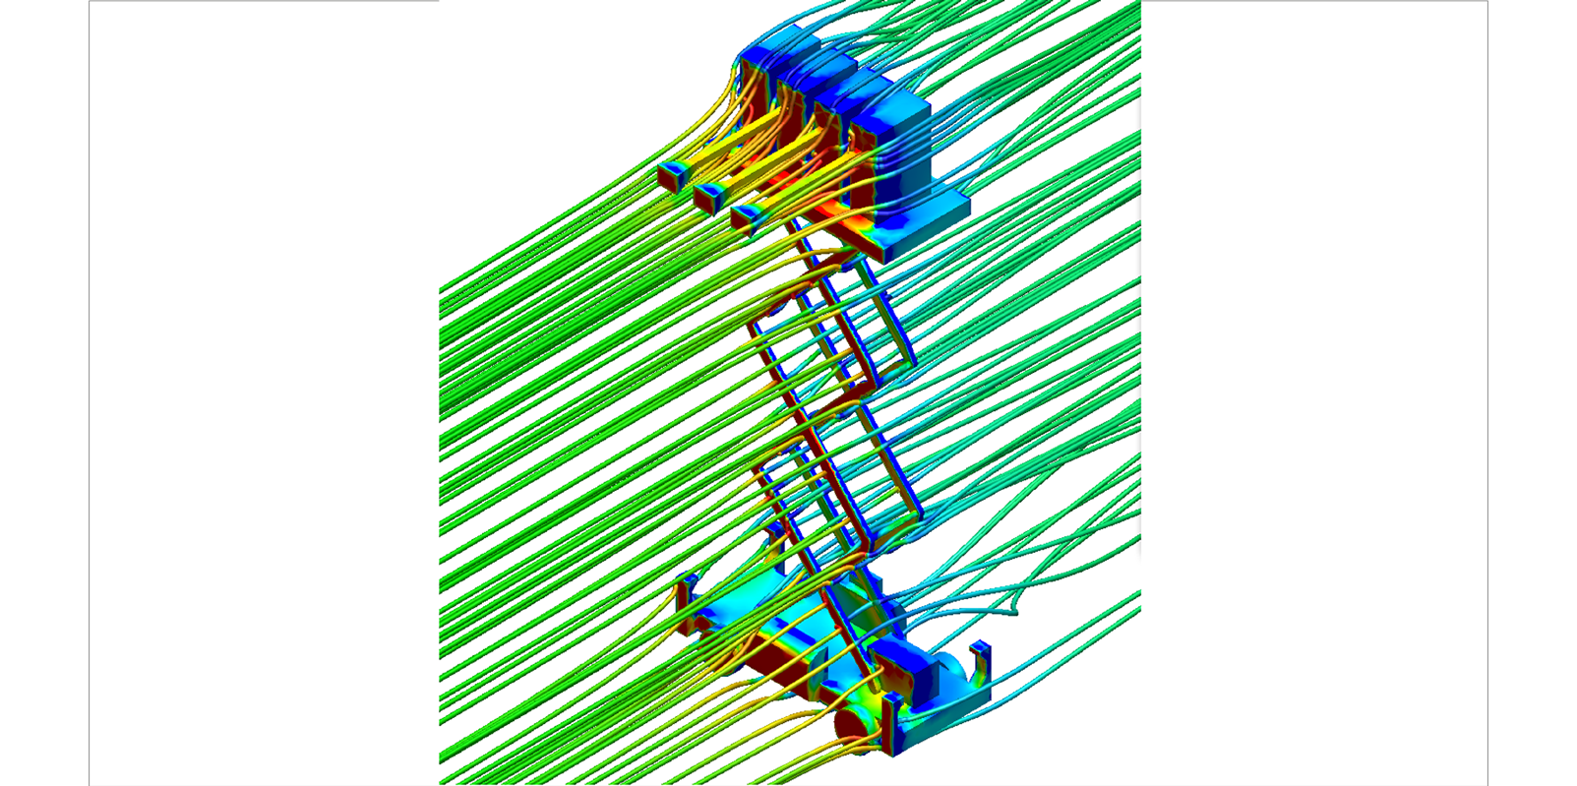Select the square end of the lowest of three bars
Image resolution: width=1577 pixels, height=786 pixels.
point(745,218)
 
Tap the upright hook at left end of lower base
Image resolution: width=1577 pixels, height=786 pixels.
point(686,595)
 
